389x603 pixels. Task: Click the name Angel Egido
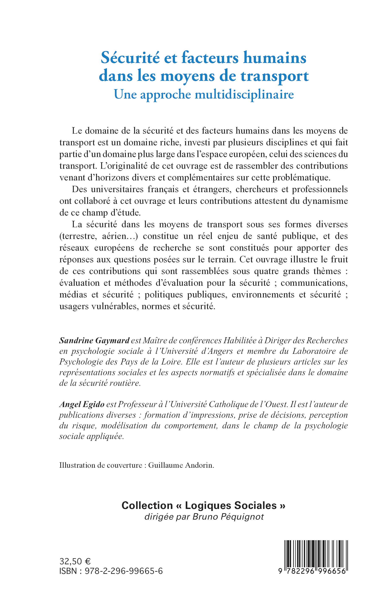[82, 404]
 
